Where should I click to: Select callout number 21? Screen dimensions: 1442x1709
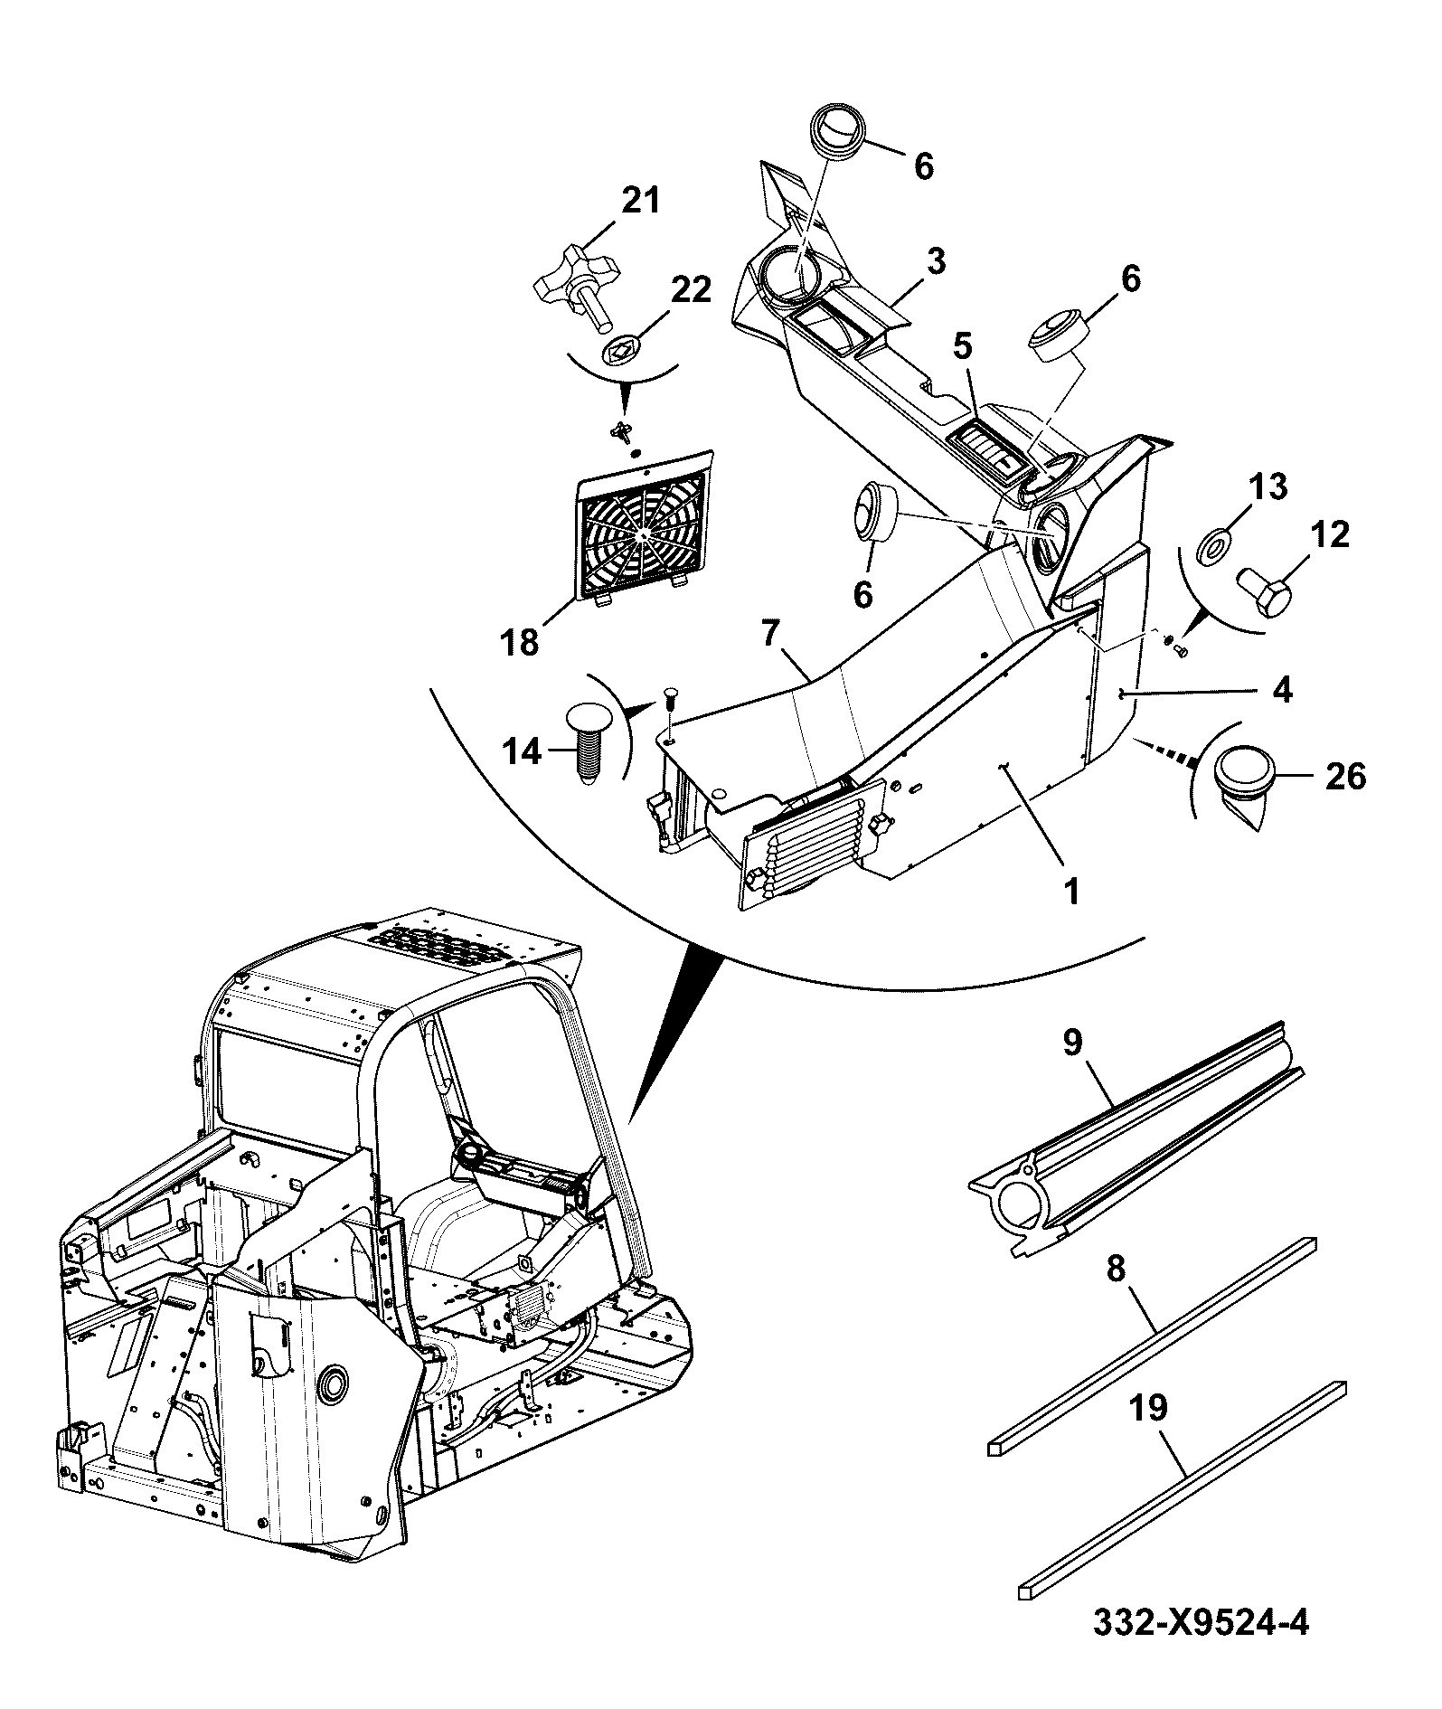click(640, 201)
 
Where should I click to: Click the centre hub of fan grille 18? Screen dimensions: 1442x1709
click(642, 535)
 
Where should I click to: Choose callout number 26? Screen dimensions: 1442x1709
click(1344, 776)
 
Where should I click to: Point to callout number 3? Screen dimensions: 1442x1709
click(936, 262)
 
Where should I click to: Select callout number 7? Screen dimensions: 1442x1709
click(768, 636)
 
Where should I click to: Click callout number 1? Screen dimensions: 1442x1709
click(1071, 892)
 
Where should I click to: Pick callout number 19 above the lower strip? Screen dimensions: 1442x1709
click(1147, 1409)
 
